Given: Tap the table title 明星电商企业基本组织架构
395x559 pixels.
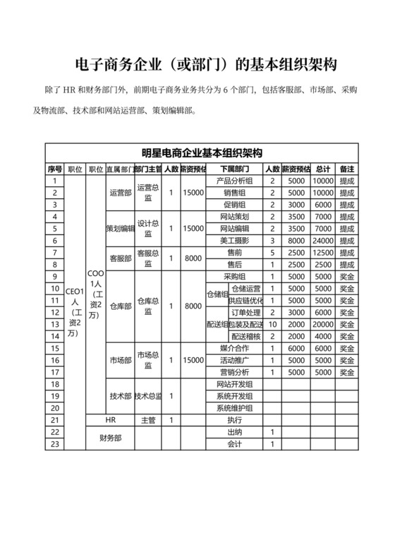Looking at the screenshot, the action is click(x=202, y=152).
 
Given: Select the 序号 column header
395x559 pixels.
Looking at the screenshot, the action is click(x=55, y=169).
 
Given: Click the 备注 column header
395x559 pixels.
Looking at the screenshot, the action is click(x=346, y=169).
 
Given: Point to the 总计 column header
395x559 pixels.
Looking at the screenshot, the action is click(x=323, y=169).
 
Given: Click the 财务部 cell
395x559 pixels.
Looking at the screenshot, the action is click(x=109, y=438).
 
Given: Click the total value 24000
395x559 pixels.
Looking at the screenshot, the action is click(x=323, y=241).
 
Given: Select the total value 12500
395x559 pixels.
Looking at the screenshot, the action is click(x=323, y=252).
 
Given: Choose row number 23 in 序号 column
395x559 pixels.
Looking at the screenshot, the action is click(x=55, y=443).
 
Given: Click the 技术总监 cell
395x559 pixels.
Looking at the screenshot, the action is click(x=148, y=396).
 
